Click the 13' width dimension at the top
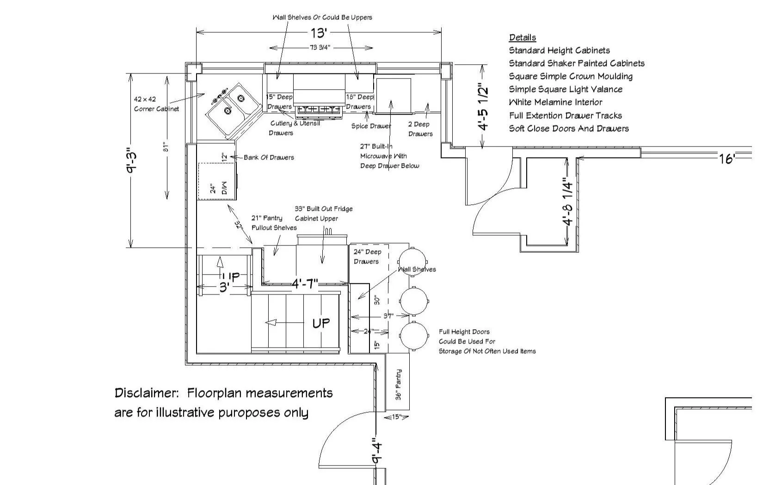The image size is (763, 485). click(319, 33)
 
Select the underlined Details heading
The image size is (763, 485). click(523, 37)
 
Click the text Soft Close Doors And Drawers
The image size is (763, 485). click(569, 129)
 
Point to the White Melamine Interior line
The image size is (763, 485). click(555, 102)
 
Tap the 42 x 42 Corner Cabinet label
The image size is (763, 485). click(156, 104)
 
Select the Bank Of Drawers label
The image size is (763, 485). click(269, 157)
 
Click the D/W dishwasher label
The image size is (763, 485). click(224, 188)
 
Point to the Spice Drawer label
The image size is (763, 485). click(371, 126)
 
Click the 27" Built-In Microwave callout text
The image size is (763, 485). click(389, 156)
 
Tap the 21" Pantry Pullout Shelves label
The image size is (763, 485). click(274, 223)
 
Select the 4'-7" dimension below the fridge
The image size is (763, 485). click(305, 283)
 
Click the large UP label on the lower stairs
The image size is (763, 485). click(321, 323)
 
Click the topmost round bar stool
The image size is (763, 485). click(412, 262)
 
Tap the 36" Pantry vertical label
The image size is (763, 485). click(399, 384)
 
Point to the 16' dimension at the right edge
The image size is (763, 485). click(726, 159)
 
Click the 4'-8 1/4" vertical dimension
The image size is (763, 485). click(568, 202)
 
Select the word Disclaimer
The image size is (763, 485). click(146, 393)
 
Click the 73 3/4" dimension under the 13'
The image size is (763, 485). click(320, 48)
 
